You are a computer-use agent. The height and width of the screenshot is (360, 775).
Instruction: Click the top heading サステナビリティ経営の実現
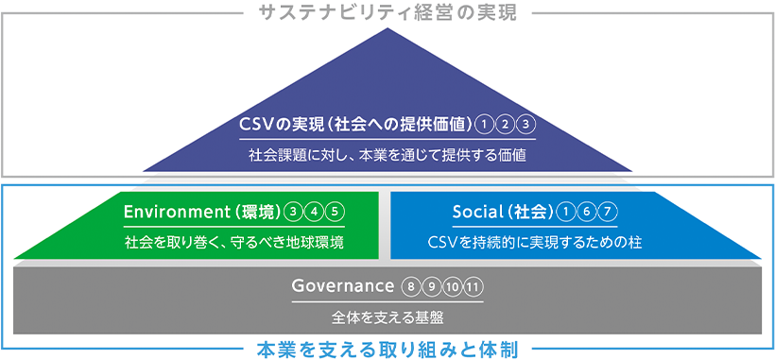click(x=387, y=13)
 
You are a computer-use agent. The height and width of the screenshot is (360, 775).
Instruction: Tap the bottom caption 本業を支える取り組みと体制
click(x=387, y=350)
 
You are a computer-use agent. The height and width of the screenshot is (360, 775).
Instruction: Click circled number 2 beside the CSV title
click(x=506, y=124)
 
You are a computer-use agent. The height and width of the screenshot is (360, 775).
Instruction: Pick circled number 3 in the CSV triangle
click(x=526, y=124)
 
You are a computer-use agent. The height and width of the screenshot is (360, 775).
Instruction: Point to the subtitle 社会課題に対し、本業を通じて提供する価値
click(x=387, y=153)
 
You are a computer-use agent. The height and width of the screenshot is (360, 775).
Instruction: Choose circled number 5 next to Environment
click(x=335, y=212)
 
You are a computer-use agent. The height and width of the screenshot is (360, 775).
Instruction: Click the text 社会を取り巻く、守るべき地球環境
click(x=234, y=242)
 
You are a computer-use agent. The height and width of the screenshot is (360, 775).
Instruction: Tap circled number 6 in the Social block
click(x=588, y=212)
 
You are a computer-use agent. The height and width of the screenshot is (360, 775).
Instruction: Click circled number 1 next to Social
click(x=567, y=212)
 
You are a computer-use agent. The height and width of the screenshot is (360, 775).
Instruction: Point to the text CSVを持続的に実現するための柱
click(x=535, y=242)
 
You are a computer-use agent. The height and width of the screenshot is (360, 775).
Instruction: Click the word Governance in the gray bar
click(x=342, y=286)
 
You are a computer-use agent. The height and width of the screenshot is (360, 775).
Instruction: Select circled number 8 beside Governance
click(x=409, y=286)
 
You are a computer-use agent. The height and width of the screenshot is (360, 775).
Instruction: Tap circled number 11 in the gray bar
click(x=474, y=286)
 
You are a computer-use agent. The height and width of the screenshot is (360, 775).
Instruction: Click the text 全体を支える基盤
click(x=387, y=317)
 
